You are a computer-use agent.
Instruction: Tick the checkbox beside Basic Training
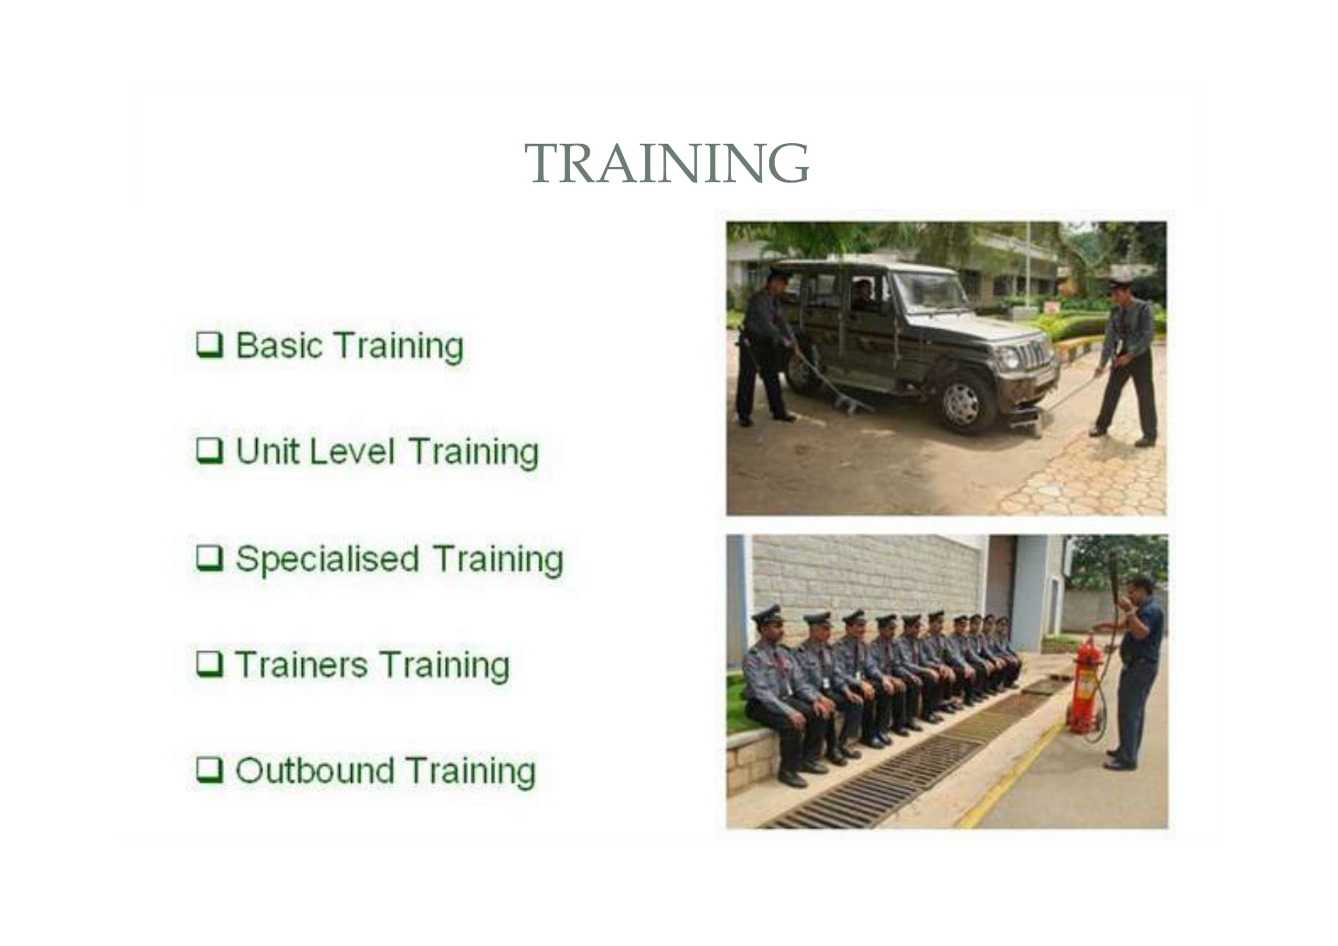209,345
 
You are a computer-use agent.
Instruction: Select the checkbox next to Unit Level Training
209,450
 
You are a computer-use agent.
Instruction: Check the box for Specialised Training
209,559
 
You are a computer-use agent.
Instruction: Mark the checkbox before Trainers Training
209,664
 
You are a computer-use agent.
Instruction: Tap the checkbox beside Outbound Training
209,770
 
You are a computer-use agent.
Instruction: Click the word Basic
279,345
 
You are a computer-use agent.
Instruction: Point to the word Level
352,451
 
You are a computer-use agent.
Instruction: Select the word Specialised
328,560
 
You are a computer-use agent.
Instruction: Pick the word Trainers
301,665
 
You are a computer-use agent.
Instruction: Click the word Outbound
315,770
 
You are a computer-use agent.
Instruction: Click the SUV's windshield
930,291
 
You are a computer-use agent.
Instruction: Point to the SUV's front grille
1033,354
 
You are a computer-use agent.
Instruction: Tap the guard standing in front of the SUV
1126,361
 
